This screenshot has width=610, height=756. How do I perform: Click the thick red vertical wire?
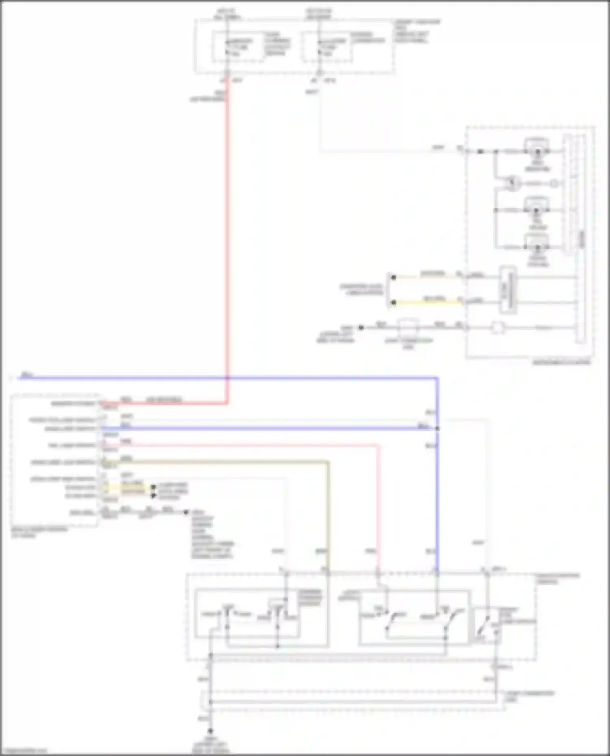227,244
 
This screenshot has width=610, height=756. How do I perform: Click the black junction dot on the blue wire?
437,428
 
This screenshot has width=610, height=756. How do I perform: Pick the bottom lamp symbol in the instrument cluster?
537,247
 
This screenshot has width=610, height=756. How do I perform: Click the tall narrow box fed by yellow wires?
508,290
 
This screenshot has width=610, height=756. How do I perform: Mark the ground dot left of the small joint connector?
361,327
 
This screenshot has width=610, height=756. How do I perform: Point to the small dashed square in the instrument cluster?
497,327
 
